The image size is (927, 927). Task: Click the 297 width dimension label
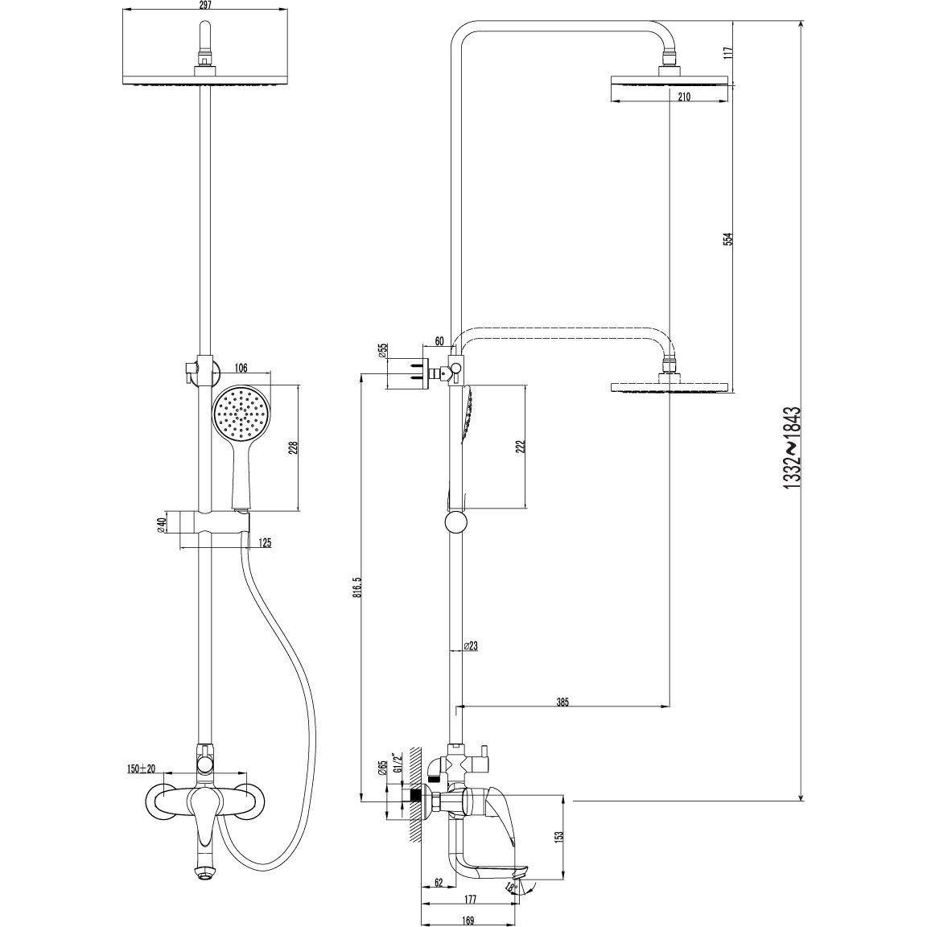click(205, 5)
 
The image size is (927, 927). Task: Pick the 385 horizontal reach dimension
click(562, 702)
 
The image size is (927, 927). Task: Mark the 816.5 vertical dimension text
click(357, 587)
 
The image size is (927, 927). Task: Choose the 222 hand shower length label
click(521, 447)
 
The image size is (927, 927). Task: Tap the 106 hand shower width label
click(241, 369)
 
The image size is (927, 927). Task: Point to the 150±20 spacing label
click(141, 768)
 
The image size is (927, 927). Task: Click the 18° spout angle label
click(512, 887)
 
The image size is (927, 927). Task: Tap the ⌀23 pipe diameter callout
click(471, 646)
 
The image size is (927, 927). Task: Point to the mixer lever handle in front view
click(206, 819)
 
